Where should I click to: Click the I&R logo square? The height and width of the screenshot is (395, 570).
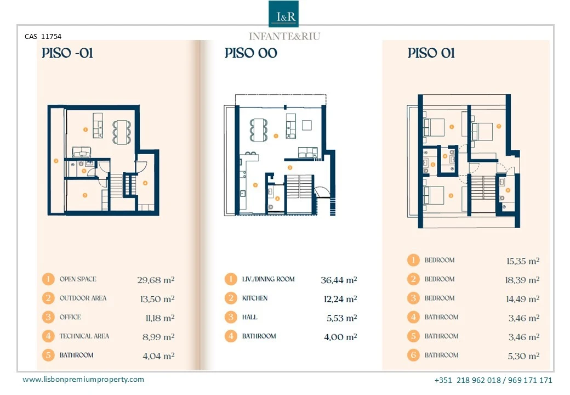point(283,14)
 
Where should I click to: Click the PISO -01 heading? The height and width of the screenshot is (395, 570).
point(67,53)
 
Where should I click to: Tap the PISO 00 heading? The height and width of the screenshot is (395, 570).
point(251,53)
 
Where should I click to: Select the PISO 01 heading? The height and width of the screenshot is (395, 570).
point(431,53)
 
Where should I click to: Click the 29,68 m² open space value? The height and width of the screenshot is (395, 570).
point(156,280)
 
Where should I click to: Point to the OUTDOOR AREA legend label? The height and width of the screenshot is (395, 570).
point(83,298)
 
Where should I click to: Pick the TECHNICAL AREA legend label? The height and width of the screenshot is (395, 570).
point(84,336)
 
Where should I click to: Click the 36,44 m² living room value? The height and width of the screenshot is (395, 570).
point(339,280)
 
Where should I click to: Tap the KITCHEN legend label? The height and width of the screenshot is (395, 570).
point(255,298)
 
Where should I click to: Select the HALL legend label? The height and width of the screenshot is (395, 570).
point(250,317)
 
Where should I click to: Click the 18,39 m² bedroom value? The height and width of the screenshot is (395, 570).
point(522,280)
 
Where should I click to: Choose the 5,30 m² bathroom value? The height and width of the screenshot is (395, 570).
point(524,356)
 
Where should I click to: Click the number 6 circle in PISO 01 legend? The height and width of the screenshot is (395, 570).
point(413,355)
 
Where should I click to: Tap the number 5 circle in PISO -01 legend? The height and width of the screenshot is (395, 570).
point(48,355)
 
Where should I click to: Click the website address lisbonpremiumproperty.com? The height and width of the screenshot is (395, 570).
point(83,379)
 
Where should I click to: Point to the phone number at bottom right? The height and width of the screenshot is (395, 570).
point(493,380)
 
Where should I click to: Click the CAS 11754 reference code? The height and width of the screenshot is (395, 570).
point(43,36)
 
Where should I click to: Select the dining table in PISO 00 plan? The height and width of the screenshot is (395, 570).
point(259,130)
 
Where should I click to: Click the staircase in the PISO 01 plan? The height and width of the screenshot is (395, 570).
point(483,188)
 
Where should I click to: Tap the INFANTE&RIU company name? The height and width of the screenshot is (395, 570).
point(284,36)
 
